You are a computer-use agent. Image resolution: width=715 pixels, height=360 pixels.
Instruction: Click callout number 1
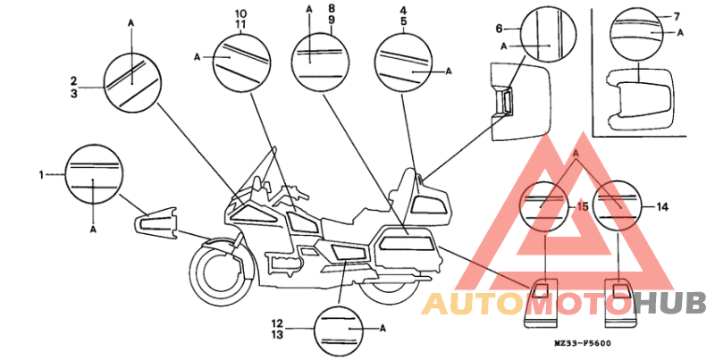point(41,174)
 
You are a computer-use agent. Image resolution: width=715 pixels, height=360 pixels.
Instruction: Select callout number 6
point(499,29)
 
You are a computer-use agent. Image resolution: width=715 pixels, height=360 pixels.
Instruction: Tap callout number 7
point(677,17)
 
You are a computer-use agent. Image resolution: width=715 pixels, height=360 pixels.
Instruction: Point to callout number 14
point(662,207)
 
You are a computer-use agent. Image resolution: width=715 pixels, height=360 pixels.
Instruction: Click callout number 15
point(583,207)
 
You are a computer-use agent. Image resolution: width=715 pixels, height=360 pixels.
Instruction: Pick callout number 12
point(277,323)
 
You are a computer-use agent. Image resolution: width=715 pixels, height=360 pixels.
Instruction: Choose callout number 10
point(240,13)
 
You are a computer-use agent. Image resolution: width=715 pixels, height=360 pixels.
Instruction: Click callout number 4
point(404,9)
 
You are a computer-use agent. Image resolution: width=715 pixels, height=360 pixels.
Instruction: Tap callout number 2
point(73,81)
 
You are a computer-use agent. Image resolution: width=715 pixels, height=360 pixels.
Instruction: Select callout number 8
point(331,8)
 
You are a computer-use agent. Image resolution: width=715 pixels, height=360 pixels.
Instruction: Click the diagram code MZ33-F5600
point(583,343)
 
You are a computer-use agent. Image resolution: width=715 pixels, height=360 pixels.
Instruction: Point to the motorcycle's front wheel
point(221,273)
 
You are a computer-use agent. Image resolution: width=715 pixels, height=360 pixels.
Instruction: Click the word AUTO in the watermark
point(475,304)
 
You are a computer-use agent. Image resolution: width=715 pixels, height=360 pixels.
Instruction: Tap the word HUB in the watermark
point(669,303)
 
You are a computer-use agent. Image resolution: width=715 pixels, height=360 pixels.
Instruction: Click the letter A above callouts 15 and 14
point(576,155)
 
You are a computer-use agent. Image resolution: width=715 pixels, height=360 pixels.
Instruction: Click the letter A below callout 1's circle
point(93,230)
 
